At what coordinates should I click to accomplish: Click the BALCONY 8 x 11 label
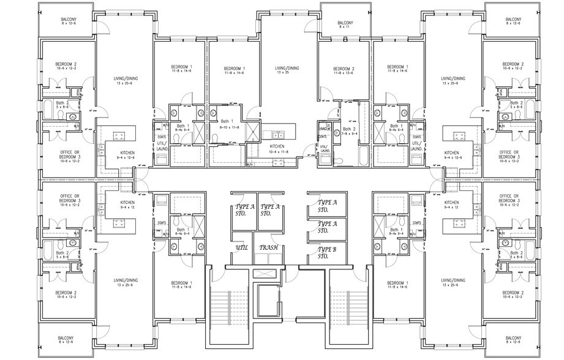coord(346,25)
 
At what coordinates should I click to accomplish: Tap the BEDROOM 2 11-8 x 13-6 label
coord(345,70)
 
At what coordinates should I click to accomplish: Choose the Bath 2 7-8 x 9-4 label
coord(348,132)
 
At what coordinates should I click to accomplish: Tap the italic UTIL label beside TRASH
coord(241,248)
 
